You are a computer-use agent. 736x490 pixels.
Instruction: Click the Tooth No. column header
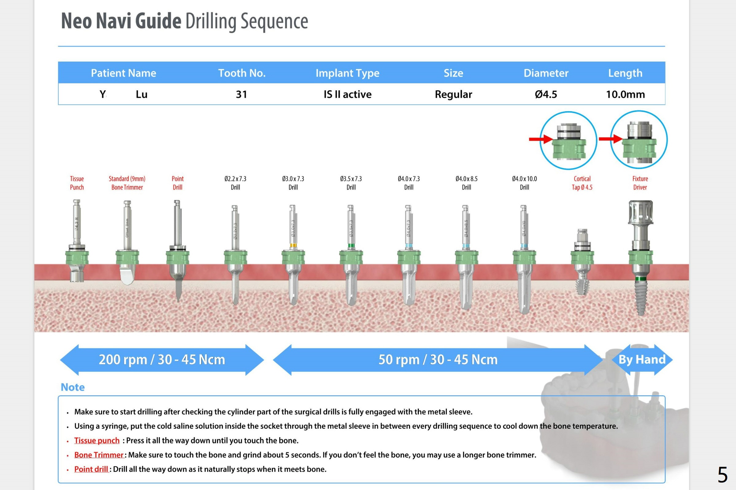[x=242, y=73]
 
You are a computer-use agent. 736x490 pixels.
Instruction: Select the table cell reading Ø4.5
[x=546, y=94]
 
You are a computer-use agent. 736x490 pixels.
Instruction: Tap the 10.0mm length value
[x=625, y=94]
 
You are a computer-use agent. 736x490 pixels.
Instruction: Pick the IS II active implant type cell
[x=347, y=94]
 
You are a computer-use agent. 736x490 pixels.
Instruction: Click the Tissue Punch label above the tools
[x=77, y=183]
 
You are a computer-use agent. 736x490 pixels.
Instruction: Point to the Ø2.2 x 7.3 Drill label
[x=235, y=183]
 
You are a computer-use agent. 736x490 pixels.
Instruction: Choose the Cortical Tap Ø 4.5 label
[x=582, y=183]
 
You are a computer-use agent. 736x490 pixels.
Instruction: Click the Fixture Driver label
[x=640, y=183]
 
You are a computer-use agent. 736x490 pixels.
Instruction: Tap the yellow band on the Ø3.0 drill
[x=293, y=245]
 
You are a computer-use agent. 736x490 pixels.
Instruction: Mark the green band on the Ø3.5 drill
[x=351, y=246]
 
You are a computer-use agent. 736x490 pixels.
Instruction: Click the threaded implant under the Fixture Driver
[x=640, y=297]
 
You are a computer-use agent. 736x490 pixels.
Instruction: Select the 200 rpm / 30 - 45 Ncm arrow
[x=162, y=360]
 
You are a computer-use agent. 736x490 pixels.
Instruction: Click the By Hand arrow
[x=642, y=360]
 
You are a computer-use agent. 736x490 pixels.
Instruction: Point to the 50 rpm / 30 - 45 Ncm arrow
[x=438, y=360]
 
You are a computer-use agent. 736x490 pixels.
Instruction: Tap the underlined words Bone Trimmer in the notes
[x=99, y=455]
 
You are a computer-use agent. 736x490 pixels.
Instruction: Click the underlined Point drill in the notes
[x=91, y=469]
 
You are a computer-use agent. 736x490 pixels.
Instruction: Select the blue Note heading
[x=73, y=387]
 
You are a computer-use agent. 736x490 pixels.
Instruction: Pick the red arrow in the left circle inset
[x=540, y=139]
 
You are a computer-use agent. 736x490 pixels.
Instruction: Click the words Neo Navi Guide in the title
[x=121, y=21]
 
